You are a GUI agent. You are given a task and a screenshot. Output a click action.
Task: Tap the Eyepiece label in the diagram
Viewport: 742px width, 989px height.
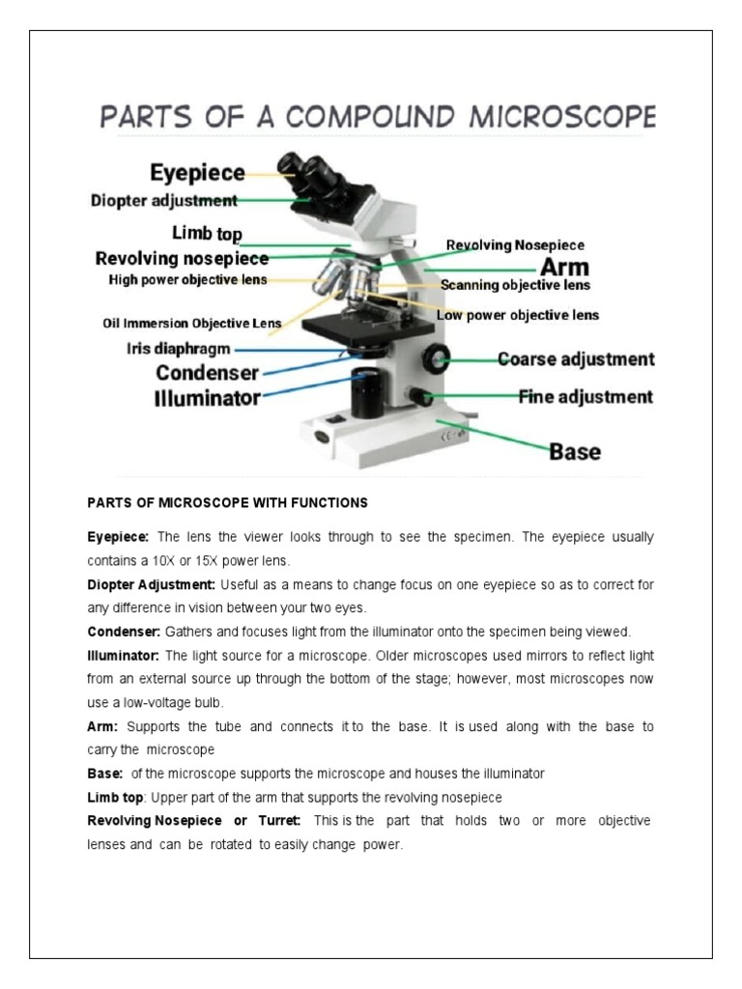click(197, 173)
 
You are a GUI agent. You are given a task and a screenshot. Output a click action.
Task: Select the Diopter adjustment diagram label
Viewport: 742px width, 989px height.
click(163, 201)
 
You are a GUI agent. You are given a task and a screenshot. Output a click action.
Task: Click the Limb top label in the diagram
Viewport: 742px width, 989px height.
click(207, 234)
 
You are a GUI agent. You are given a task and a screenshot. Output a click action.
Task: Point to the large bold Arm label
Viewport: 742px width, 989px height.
click(564, 267)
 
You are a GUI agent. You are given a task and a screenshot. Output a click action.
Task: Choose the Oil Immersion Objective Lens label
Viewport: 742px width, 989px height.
click(192, 323)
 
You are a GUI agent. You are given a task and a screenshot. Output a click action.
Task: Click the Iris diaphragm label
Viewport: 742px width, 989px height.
click(179, 349)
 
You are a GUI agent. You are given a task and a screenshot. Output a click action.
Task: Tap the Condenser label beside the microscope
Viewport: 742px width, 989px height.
click(207, 372)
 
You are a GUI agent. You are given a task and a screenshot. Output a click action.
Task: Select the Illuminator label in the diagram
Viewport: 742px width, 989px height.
click(207, 398)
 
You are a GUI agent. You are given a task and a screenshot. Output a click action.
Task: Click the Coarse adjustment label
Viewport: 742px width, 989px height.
click(575, 359)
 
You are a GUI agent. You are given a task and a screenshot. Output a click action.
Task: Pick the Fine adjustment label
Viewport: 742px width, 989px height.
click(585, 396)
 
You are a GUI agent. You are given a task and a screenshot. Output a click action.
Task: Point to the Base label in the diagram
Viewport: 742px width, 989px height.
click(575, 451)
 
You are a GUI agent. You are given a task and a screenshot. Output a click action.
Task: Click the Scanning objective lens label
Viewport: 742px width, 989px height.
click(515, 286)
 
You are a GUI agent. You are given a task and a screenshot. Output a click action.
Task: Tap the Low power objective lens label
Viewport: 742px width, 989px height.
click(517, 315)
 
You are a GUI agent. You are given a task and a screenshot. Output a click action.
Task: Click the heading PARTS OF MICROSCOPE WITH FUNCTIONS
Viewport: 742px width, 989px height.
click(227, 503)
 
